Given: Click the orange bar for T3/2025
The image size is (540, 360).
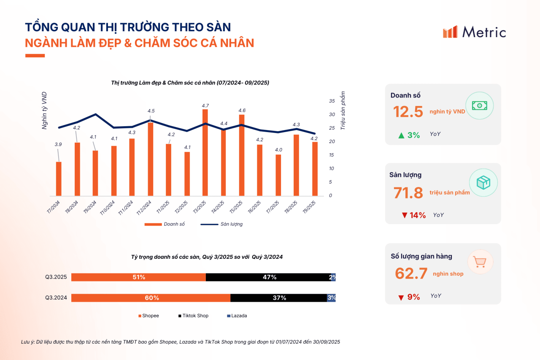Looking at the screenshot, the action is coord(205,152).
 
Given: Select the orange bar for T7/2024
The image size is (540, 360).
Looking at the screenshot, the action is coord(59,179).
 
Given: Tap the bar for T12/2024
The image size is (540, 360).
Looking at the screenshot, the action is coord(151,159).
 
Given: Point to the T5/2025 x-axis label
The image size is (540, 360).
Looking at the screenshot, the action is coord(236,207).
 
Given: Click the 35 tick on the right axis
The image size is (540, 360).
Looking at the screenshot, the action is coord(332,101).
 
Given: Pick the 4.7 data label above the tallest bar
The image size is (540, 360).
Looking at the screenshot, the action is coord(205,106).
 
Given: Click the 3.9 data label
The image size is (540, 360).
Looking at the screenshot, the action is coord(58,144).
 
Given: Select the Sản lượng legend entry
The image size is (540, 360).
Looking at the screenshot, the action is coord(221,224).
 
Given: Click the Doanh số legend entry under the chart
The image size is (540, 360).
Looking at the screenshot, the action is coord(165,224).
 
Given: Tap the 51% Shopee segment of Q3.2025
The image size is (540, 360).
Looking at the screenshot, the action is coord(139,277).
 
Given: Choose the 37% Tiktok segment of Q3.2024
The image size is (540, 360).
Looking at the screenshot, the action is coord(279,298).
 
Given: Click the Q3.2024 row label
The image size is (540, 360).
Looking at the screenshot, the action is coord(56,298).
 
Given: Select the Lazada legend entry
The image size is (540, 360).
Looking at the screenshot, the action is coord(237,316).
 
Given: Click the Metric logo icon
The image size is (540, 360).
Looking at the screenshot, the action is coord(450,32).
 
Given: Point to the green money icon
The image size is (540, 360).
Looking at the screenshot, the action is coord(480,106).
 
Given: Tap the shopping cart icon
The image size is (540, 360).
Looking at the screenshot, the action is coord(480,262).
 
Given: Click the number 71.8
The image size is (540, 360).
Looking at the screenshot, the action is coord(408,193).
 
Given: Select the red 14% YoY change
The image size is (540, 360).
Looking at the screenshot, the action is coord(414,215).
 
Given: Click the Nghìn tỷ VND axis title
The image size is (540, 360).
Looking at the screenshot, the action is coord(44,111).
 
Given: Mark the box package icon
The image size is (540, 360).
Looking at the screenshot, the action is coord(483,182).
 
